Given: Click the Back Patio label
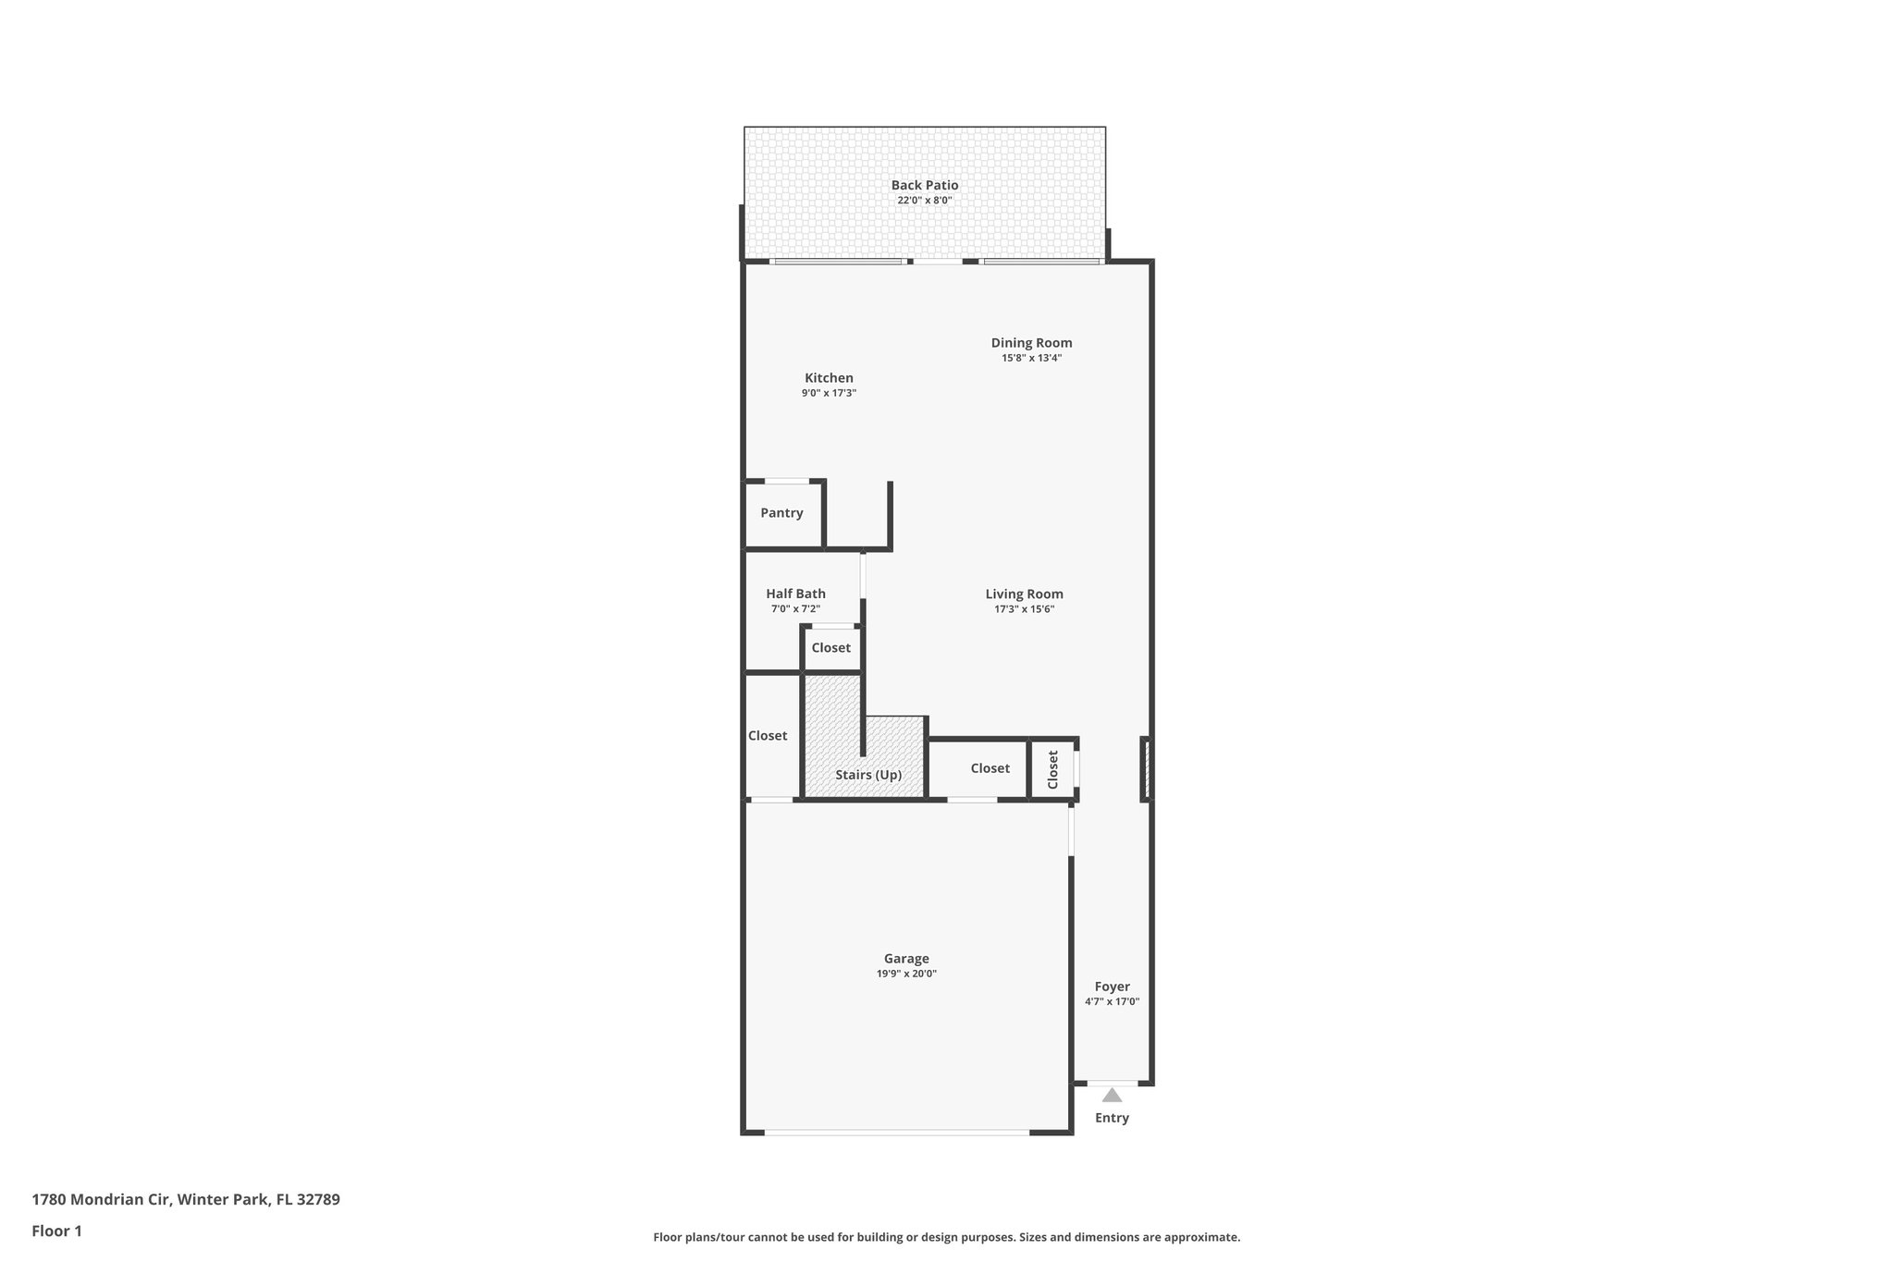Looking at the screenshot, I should (924, 185).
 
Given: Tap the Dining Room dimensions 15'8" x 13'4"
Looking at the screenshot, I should (1031, 358).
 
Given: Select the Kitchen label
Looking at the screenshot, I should (829, 377).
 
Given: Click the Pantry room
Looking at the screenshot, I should (782, 513).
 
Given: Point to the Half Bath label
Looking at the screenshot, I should (795, 594).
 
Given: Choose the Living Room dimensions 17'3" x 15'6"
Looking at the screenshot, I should (1024, 609).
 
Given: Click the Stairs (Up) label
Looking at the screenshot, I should (868, 775).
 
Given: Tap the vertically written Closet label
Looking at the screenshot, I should (1052, 769).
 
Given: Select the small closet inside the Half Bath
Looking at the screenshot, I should (831, 648).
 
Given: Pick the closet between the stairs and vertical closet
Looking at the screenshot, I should (990, 768).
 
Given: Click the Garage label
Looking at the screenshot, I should (906, 959).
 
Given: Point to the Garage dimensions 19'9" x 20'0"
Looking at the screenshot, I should (906, 974).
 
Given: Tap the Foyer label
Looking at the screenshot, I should (1112, 986).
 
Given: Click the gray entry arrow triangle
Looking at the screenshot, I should (1112, 1096).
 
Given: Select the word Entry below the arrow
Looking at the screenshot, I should (1112, 1118).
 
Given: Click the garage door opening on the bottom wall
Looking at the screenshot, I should (896, 1132).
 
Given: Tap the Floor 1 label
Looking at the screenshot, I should (56, 1231).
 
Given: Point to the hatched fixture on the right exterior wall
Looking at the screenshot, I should (1146, 768).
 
